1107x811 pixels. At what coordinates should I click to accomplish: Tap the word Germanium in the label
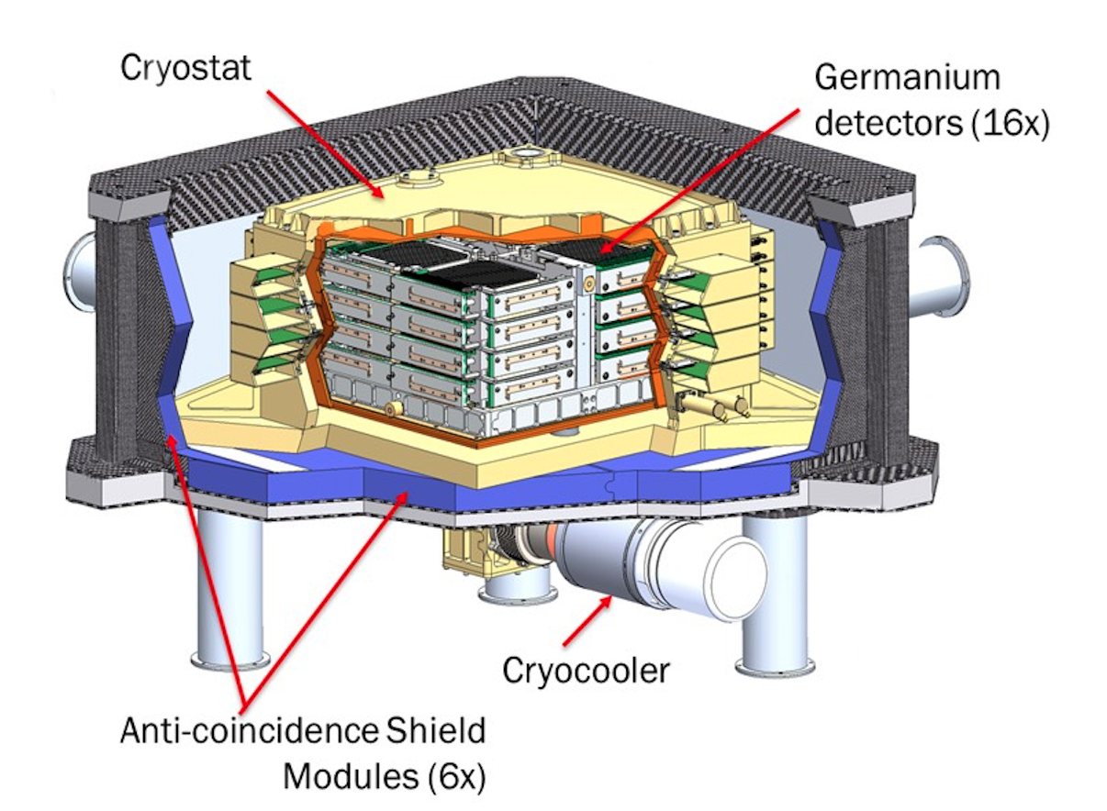[x=907, y=77]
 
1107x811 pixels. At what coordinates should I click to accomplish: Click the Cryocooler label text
[x=585, y=671]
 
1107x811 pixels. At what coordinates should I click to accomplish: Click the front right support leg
[x=772, y=596]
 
